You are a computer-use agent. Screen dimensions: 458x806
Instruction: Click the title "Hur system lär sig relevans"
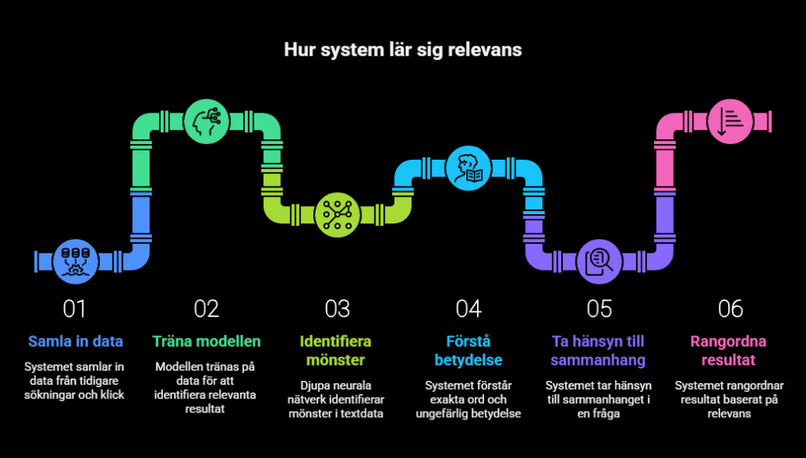[402, 50]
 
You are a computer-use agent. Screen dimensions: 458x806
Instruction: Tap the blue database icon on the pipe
[76, 260]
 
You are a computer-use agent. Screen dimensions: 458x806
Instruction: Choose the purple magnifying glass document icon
[599, 260]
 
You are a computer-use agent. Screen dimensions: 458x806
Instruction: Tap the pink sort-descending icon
[730, 123]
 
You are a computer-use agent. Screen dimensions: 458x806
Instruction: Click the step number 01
[75, 309]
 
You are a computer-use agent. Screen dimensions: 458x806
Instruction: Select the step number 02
[206, 309]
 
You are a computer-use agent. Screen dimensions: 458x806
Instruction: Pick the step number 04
[468, 309]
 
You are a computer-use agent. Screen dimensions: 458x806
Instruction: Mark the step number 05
[599, 309]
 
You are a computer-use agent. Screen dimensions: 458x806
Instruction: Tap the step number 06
[730, 309]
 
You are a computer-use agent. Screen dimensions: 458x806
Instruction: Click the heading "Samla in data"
[76, 342]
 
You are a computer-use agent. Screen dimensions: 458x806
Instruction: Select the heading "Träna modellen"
[206, 342]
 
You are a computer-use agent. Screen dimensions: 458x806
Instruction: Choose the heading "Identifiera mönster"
[337, 351]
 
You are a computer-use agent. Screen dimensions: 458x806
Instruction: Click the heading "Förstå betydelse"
[468, 351]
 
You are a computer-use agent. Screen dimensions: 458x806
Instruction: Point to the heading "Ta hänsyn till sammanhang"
[599, 351]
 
